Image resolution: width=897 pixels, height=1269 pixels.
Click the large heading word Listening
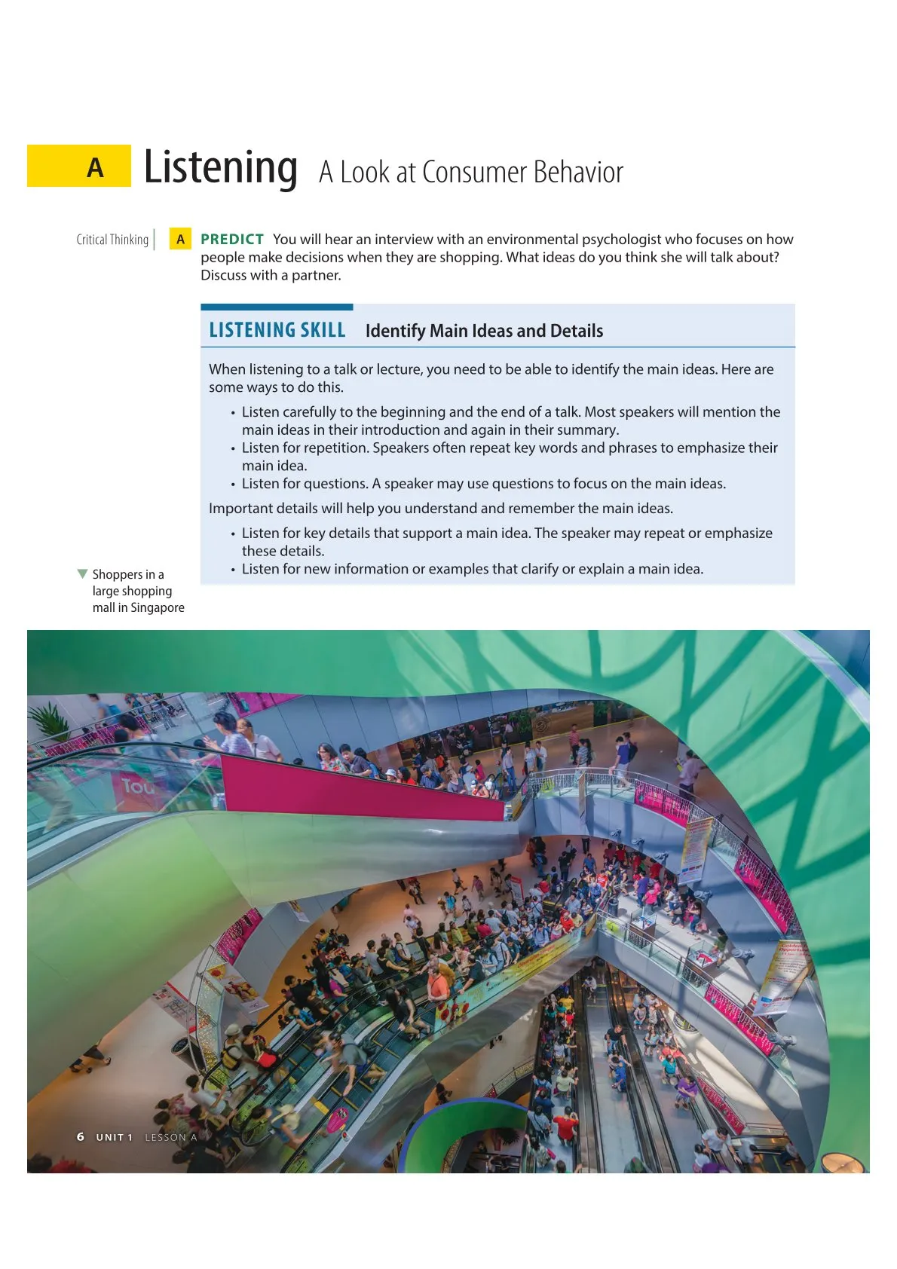point(220,167)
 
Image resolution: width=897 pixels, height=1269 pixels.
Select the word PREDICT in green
point(232,239)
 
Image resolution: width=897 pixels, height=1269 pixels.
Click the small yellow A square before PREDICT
point(180,240)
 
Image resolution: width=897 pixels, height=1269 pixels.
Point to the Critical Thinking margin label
point(112,240)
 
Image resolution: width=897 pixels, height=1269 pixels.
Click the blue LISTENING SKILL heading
point(277,330)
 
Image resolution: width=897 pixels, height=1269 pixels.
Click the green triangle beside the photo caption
point(83,574)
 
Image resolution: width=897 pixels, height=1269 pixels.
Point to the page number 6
point(81,1136)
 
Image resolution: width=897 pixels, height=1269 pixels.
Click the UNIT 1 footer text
point(114,1137)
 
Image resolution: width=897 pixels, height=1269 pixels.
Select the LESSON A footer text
point(170,1137)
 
